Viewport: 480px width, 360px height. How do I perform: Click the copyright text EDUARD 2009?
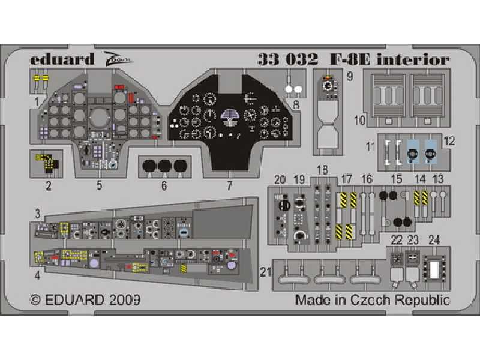coord(85,299)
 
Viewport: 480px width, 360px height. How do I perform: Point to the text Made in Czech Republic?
coord(372,299)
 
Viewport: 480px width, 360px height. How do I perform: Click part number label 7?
coord(229,185)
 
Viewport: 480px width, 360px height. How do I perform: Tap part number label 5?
coord(99,185)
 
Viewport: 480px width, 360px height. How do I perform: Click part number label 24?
coord(434,240)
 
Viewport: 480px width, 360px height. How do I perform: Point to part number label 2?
coord(48,185)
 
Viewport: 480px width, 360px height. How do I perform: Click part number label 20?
coord(280,179)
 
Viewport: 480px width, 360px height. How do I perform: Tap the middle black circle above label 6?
coord(165,166)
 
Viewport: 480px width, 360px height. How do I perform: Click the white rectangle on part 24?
coord(433,269)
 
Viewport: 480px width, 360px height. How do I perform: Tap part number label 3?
coord(37,214)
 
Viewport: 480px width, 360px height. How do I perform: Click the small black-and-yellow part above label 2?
coord(48,161)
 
